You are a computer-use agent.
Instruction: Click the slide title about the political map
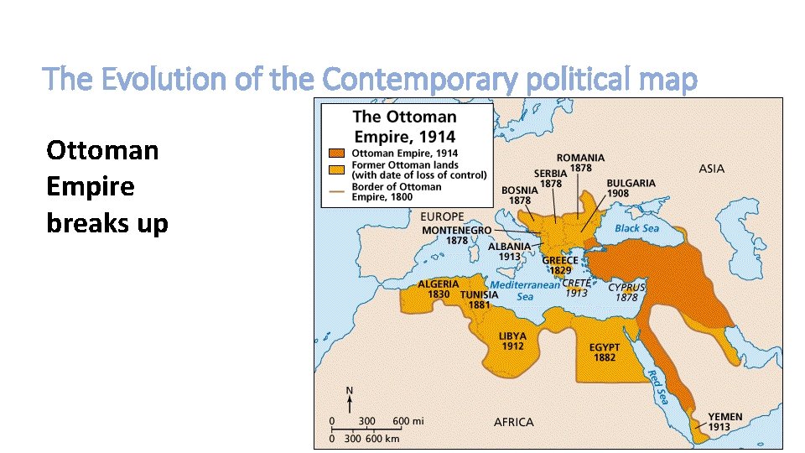point(370,80)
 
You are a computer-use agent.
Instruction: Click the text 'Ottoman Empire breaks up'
point(107,187)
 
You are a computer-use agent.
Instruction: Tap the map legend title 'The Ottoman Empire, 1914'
point(405,126)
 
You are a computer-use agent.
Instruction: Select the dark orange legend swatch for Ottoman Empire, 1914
point(336,154)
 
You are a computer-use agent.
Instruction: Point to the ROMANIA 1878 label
point(580,163)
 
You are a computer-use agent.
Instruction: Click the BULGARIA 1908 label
point(631,188)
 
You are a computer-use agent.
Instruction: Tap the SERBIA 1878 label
point(551,179)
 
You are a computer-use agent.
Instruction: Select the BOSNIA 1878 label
point(520,195)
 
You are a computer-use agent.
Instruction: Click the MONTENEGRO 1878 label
point(456,235)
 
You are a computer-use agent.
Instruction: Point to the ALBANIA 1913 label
point(509,251)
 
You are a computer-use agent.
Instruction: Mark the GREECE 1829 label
point(561,265)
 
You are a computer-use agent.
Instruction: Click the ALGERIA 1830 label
point(439,289)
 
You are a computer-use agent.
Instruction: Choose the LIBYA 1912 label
point(512,341)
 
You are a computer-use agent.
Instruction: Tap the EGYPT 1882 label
point(605,352)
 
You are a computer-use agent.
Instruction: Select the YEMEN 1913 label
point(724,422)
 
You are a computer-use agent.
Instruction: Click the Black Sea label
point(636,228)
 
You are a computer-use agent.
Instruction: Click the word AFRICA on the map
point(512,422)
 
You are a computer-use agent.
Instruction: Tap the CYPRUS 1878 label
point(626,292)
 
